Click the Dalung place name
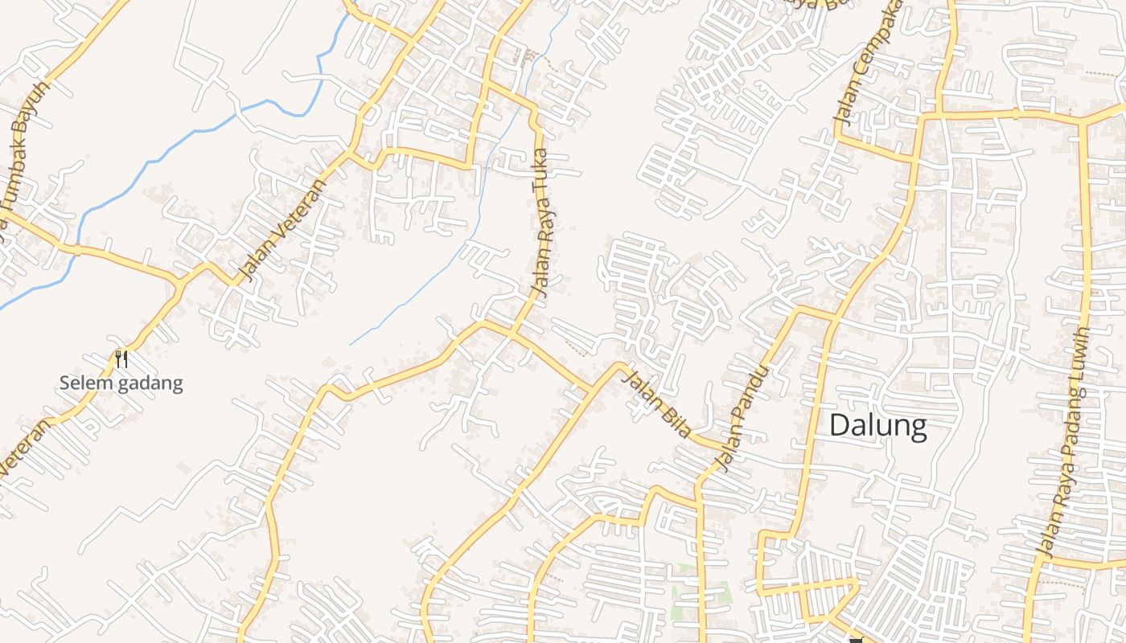pyautogui.click(x=877, y=425)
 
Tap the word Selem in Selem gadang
pyautogui.click(x=85, y=383)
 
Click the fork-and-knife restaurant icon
pyautogui.click(x=121, y=358)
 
